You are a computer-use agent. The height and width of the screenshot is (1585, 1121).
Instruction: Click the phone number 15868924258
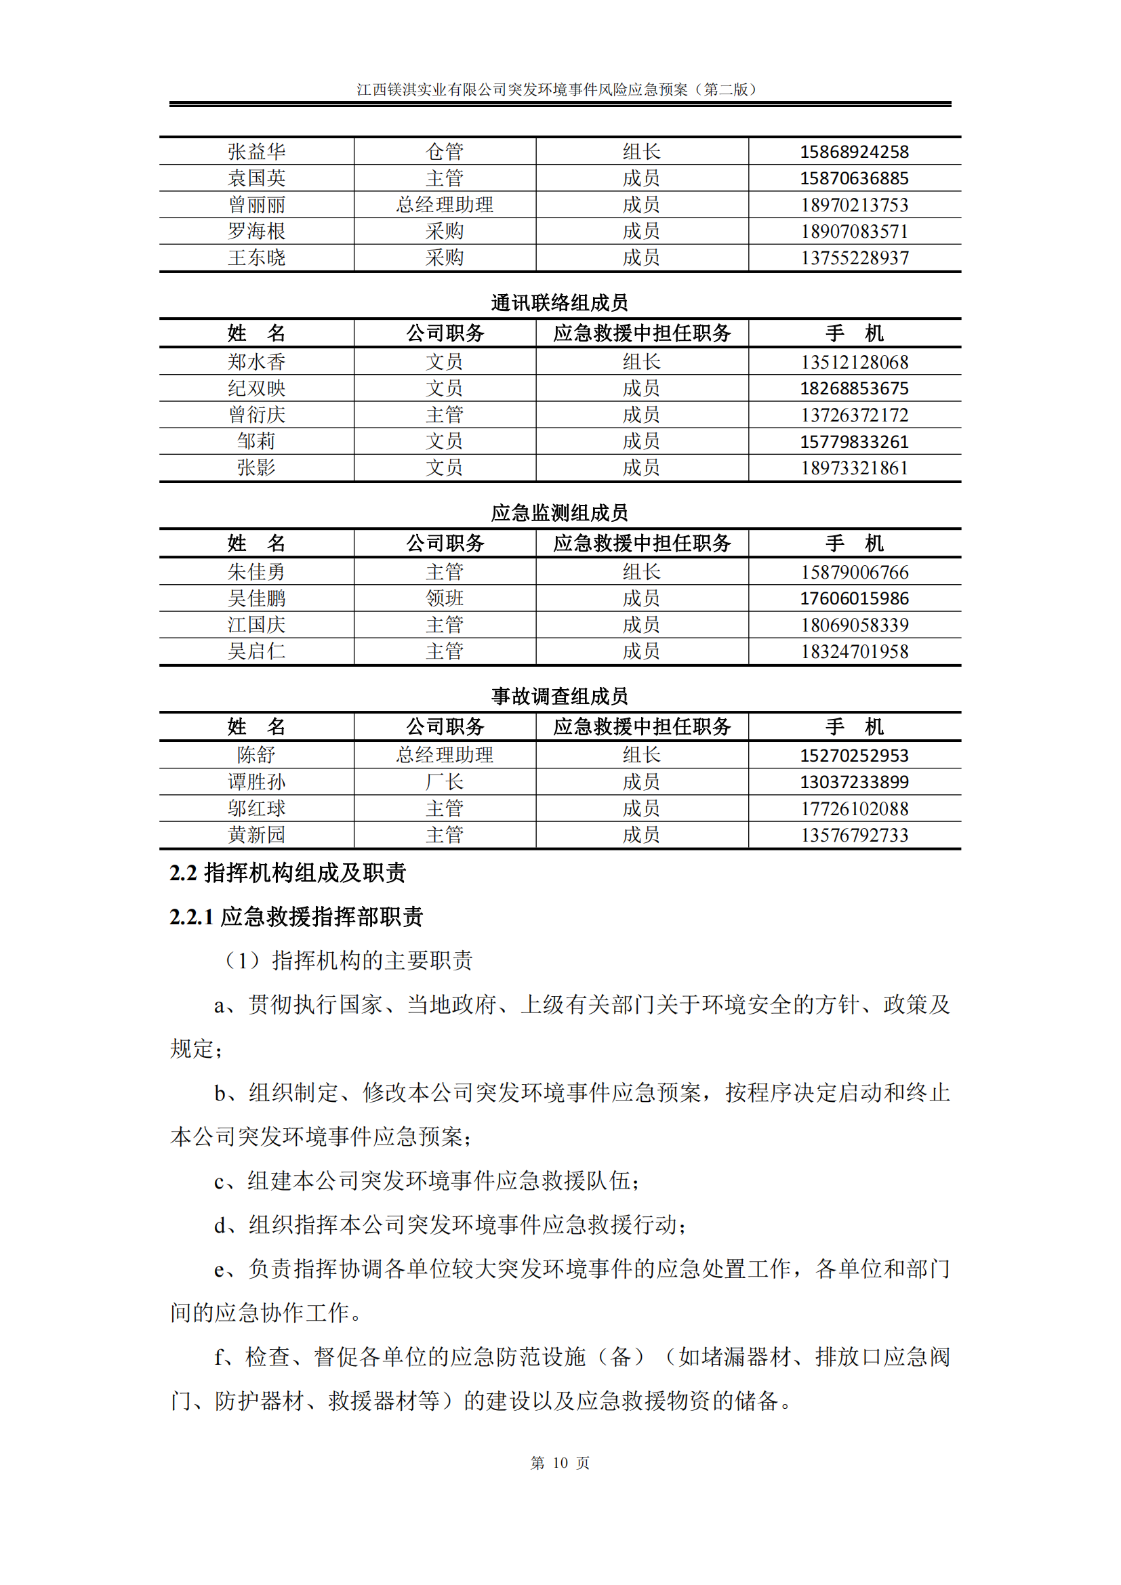point(854,151)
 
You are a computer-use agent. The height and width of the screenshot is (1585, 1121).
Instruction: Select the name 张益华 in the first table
point(256,151)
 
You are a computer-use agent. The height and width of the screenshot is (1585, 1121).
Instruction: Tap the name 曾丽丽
point(256,205)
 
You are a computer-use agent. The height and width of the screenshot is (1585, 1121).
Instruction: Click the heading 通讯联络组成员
point(559,302)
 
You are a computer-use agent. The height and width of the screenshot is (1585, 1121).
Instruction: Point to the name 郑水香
point(256,362)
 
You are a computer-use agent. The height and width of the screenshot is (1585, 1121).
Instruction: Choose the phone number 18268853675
point(854,388)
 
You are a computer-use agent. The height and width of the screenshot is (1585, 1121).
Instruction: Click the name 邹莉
point(256,441)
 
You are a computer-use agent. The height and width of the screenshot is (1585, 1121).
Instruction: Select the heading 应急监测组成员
point(559,512)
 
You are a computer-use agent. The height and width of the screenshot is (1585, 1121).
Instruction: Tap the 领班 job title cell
point(445,598)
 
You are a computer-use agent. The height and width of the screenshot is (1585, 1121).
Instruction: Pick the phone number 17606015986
point(854,598)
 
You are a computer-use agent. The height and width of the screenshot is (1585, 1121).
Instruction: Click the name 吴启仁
point(256,651)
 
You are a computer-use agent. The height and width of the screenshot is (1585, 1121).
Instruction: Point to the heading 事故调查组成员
point(559,696)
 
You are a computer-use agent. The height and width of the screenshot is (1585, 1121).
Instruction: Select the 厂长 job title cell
point(445,781)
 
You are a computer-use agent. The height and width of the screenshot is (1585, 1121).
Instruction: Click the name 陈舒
point(256,754)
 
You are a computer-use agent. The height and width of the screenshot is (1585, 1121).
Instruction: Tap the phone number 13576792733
point(854,835)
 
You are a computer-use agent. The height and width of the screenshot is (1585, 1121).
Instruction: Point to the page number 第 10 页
point(559,1462)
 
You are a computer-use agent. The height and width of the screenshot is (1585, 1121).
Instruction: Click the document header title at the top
point(559,89)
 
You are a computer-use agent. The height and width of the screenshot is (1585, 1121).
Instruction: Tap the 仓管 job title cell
point(445,151)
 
